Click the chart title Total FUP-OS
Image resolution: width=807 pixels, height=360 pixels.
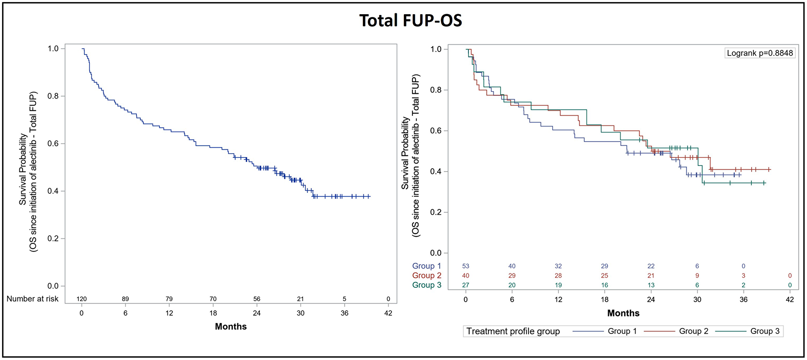410,21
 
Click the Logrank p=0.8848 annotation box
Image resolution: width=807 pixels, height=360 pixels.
759,53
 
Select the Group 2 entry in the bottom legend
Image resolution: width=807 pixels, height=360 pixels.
693,331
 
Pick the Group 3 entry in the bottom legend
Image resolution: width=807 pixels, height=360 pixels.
765,331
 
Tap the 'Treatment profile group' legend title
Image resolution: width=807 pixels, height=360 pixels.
513,331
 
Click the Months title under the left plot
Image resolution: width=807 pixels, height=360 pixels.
230,327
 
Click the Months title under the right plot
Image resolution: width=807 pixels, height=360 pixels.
623,313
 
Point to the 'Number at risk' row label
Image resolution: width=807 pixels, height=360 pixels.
32,299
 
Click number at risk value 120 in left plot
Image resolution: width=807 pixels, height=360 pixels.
82,299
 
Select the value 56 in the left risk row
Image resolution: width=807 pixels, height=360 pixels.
257,299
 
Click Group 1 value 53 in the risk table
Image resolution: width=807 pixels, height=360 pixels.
466,266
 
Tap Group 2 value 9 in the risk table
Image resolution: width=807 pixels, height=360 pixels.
697,276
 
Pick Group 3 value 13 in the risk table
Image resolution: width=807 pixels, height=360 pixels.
651,285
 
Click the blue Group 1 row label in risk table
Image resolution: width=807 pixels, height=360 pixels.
426,266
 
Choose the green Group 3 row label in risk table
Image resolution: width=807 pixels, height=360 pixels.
426,285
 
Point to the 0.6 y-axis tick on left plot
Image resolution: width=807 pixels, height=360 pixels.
53,144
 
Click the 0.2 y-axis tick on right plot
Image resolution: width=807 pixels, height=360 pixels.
436,212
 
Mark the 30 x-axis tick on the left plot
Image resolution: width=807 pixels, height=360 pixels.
300,313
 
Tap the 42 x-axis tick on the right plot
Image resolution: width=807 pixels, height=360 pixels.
790,299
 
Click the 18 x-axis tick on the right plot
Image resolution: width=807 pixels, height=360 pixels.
604,299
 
